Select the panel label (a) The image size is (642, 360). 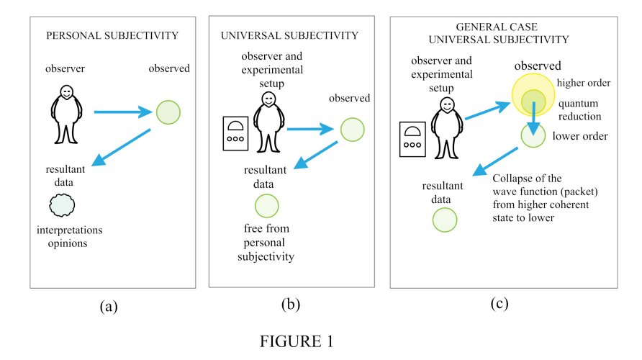(108, 306)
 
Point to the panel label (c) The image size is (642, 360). (499, 303)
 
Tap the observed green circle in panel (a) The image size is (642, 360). (168, 112)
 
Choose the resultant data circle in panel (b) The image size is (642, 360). (268, 206)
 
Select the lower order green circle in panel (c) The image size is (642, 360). (533, 135)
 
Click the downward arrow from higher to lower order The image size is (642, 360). (534, 115)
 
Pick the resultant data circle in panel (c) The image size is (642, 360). (443, 219)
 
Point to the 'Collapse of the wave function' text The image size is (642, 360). (541, 197)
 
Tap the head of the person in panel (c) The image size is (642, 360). (448, 105)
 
